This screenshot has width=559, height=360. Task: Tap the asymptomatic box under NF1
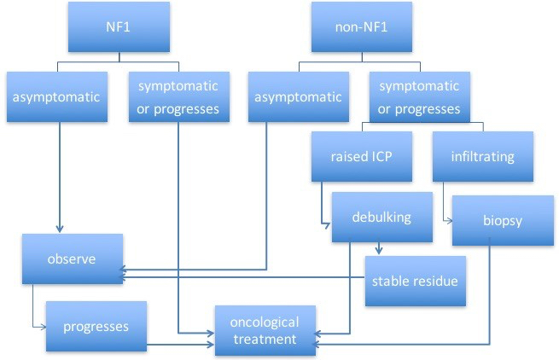pyautogui.click(x=56, y=96)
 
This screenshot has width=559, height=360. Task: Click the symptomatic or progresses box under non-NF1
pyautogui.click(x=418, y=96)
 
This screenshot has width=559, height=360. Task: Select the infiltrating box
pyautogui.click(x=483, y=156)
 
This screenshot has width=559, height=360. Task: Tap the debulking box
pyautogui.click(x=381, y=217)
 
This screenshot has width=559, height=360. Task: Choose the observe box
pyautogui.click(x=73, y=258)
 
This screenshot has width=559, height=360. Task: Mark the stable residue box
pyautogui.click(x=416, y=281)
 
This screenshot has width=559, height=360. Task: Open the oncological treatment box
pyautogui.click(x=265, y=330)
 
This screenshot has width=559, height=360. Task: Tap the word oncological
pyautogui.click(x=265, y=322)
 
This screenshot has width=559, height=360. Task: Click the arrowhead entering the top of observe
pyautogui.click(x=58, y=229)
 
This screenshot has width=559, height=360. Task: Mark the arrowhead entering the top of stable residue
pyautogui.click(x=378, y=251)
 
